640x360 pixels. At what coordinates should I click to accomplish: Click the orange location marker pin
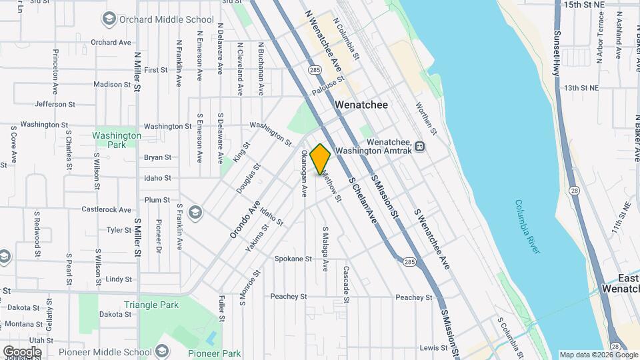point(320,159)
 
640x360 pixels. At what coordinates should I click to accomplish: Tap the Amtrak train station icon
point(420,147)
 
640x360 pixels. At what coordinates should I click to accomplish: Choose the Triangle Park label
point(151,305)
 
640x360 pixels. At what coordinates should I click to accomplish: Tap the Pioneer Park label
point(214,353)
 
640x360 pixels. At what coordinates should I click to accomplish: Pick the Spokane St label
point(293,259)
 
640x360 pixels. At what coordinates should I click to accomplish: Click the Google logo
point(22,351)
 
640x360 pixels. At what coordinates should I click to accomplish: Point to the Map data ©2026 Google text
point(598,355)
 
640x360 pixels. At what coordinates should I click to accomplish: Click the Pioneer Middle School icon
point(163,351)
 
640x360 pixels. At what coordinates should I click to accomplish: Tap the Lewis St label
point(433,347)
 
